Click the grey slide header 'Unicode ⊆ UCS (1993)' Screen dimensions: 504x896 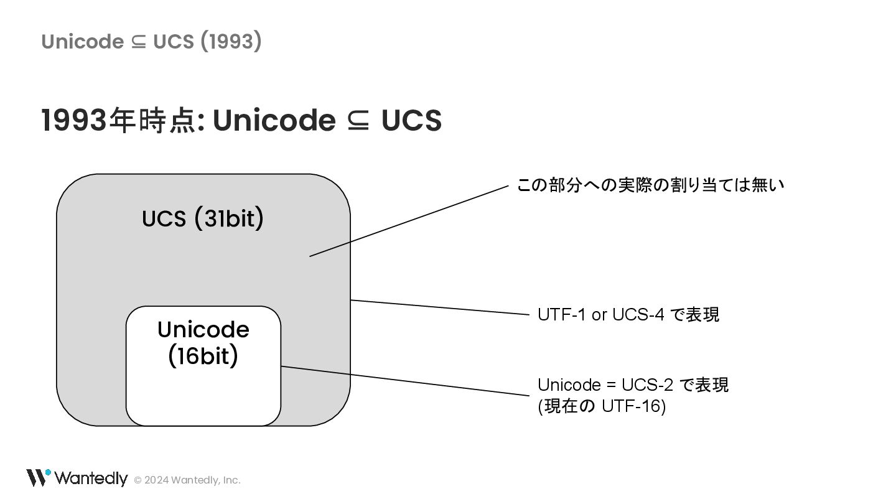(151, 42)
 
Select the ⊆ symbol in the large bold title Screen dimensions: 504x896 (358, 121)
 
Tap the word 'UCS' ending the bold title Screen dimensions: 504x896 (411, 120)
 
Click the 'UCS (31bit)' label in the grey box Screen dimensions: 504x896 (203, 219)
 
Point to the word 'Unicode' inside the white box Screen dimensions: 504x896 (203, 329)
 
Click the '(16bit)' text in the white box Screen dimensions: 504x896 (203, 357)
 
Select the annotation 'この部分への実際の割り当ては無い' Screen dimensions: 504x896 (650, 185)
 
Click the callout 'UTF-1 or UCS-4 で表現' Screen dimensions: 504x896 (628, 315)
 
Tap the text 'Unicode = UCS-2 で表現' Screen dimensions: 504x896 (632, 385)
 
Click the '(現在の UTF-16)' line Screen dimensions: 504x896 (602, 407)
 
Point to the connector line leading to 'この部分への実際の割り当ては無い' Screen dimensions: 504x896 (409, 220)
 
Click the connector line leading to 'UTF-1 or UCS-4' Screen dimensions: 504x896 (439, 308)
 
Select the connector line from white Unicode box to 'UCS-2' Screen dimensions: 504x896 (404, 381)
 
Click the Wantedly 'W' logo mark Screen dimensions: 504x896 (37, 477)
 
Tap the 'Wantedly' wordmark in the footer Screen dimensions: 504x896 (91, 478)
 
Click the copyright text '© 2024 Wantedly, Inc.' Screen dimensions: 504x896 (187, 480)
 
